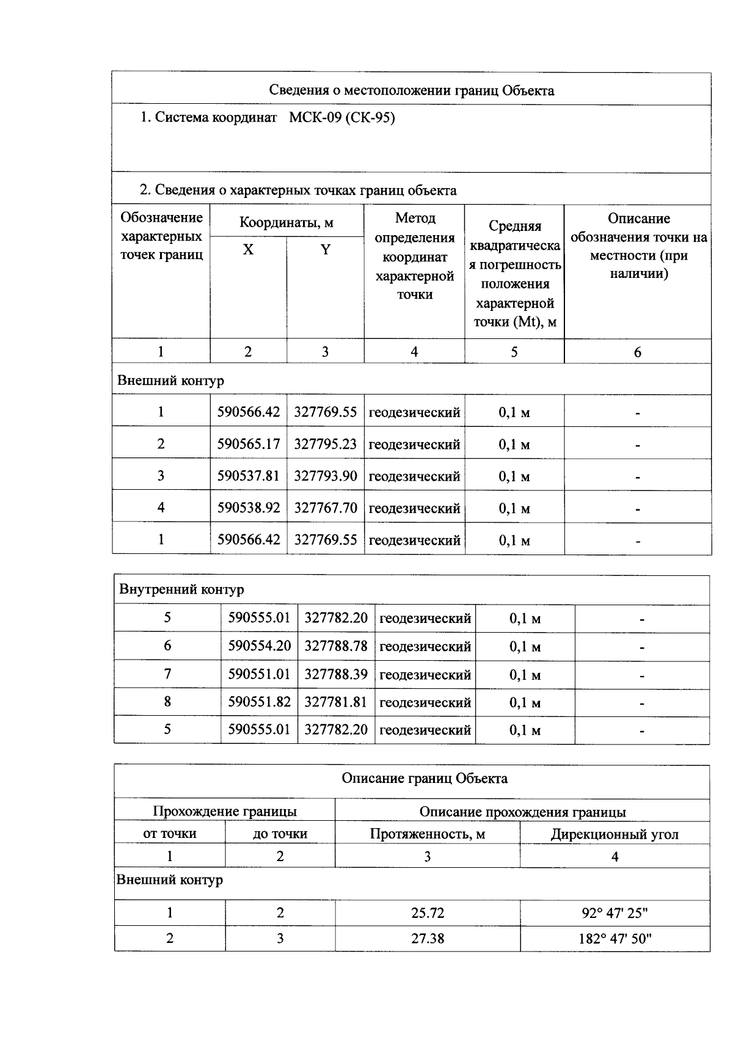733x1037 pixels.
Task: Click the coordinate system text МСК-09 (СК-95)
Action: (341, 117)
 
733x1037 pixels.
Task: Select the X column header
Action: (248, 250)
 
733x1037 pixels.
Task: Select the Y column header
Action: (326, 250)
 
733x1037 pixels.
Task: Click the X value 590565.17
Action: (249, 444)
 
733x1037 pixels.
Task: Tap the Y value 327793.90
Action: (326, 476)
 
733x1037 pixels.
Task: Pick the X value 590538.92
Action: (249, 508)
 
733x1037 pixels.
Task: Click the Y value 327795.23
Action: (326, 444)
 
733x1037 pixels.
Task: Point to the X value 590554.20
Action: (260, 646)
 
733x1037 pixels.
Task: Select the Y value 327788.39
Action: (336, 674)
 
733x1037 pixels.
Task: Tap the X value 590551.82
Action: (260, 702)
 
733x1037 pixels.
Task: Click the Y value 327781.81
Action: (336, 702)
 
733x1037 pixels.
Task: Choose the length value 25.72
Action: (428, 913)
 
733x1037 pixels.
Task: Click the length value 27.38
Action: (428, 939)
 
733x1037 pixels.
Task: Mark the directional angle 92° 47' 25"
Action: (614, 913)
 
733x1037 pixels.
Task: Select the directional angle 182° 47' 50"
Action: (614, 939)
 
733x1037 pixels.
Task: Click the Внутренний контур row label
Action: (181, 589)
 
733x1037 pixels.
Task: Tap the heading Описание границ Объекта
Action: (424, 779)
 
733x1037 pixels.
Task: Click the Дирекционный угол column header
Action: (614, 834)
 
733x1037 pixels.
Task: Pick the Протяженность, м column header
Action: (428, 834)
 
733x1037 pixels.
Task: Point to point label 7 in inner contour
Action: (167, 674)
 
